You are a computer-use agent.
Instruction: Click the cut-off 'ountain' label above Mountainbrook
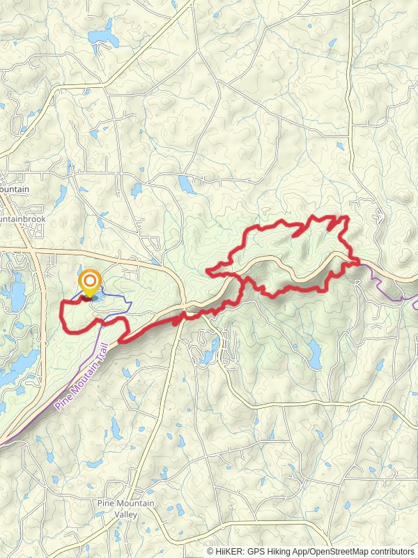[14, 190]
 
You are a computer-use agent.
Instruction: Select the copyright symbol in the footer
[210, 551]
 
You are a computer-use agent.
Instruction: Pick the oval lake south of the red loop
[314, 354]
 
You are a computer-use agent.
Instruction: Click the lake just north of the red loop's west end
[185, 184]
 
